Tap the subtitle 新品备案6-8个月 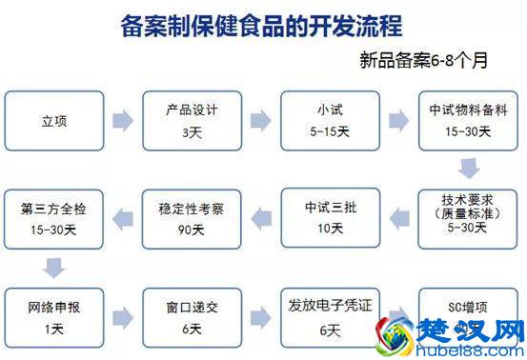point(423,62)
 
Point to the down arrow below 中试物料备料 point(466,169)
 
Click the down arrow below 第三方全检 point(53,267)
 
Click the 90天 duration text point(187,230)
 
